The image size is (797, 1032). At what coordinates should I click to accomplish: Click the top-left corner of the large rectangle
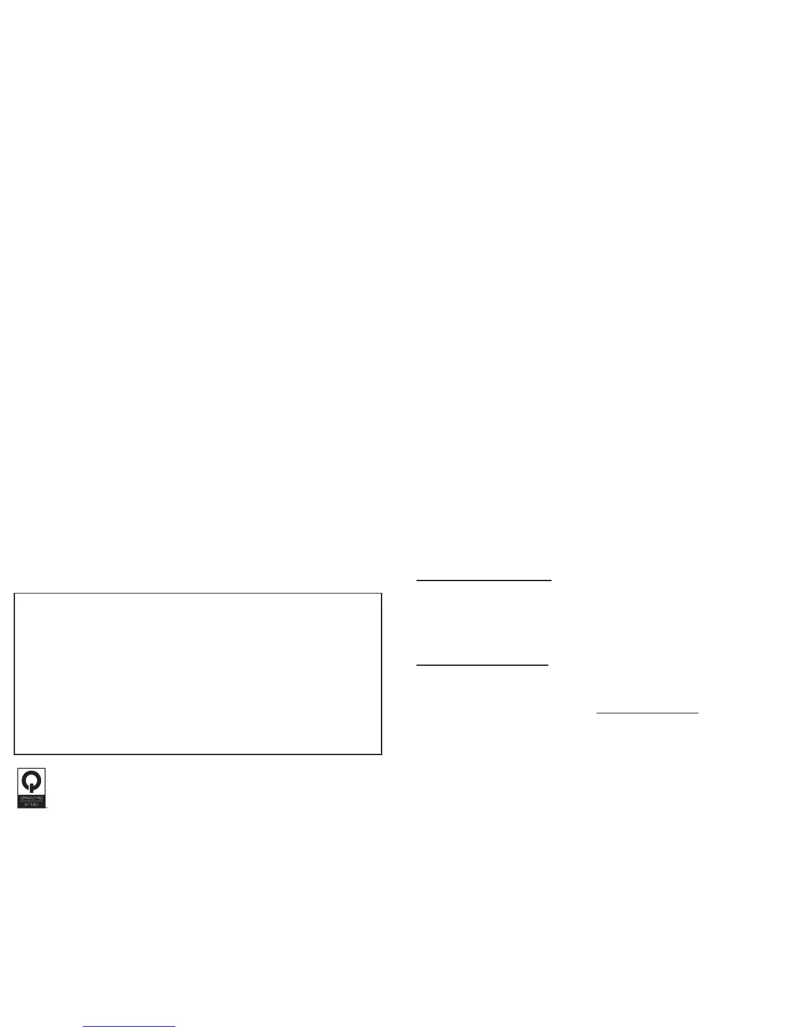coord(15,594)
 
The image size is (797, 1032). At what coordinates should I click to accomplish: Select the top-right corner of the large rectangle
coord(381,594)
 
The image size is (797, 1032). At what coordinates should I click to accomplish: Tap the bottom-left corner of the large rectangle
coord(15,754)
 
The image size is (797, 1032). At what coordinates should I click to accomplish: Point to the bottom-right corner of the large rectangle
coord(381,754)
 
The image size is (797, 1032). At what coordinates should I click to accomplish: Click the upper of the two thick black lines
coord(484,579)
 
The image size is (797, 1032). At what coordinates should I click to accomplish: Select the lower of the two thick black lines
coord(482,666)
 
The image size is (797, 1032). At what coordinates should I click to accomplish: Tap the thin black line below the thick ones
coord(647,713)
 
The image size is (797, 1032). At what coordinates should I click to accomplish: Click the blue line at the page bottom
coord(129,1027)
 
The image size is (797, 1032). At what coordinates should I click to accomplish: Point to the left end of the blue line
coord(84,1027)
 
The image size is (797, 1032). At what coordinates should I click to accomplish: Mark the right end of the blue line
coord(175,1027)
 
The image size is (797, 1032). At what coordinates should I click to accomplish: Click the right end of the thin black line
coord(697,713)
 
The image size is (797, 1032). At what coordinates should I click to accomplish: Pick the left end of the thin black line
coord(598,713)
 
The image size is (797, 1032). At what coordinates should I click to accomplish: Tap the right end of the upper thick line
coord(551,579)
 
